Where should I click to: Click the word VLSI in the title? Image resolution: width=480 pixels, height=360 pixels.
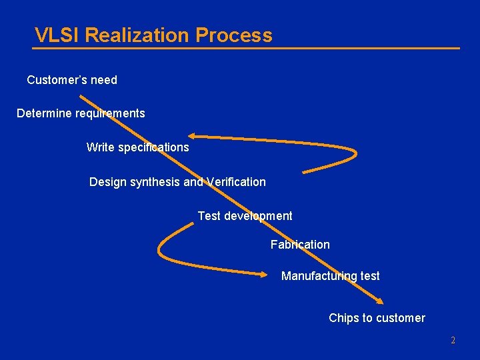point(57,35)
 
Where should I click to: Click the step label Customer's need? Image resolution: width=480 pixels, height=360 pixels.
point(72,80)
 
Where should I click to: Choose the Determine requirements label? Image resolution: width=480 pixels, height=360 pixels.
point(81,113)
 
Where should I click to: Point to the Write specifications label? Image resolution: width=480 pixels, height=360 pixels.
point(137,147)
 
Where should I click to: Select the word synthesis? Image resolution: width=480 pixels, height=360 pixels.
point(158,182)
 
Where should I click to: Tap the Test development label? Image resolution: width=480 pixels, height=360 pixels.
point(245,216)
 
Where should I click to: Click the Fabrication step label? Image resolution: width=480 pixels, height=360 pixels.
point(300,245)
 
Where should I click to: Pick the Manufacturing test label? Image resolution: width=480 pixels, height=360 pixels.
point(330,276)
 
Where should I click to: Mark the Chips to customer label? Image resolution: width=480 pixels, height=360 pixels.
point(377,318)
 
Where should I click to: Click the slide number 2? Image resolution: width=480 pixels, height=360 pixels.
point(453,341)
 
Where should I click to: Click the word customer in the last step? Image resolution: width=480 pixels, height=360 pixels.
point(401,318)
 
